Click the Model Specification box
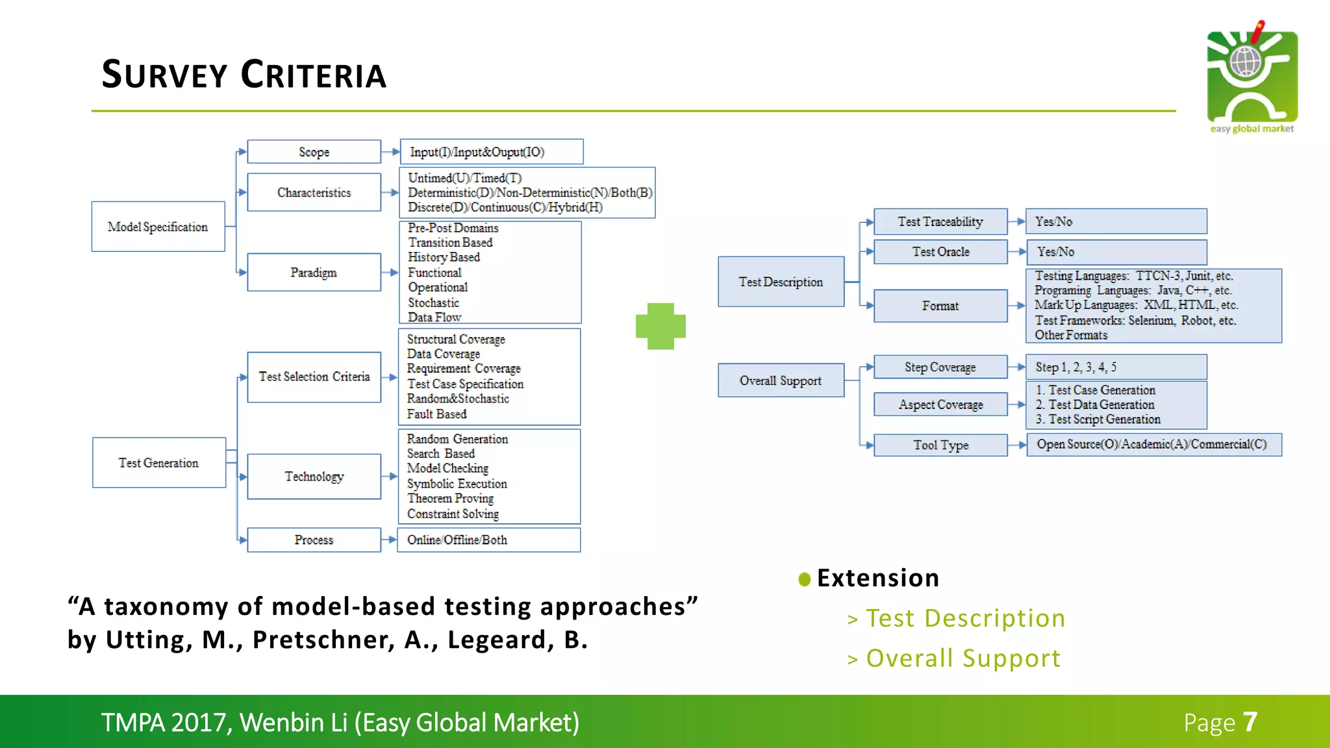pyautogui.click(x=158, y=227)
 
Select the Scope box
pyautogui.click(x=314, y=152)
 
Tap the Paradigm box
pyautogui.click(x=314, y=273)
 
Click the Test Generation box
pyautogui.click(x=158, y=463)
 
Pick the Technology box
pyautogui.click(x=314, y=477)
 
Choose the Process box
pyautogui.click(x=314, y=540)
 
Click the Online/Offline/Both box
pyautogui.click(x=488, y=540)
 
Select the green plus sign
pyautogui.click(x=660, y=326)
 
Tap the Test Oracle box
pyautogui.click(x=940, y=252)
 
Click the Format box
pyautogui.click(x=940, y=306)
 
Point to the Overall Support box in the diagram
pyautogui.click(x=781, y=380)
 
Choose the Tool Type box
pyautogui.click(x=940, y=445)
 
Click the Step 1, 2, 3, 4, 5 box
pyautogui.click(x=1116, y=368)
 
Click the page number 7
pyautogui.click(x=1250, y=722)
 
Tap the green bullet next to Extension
pyautogui.click(x=805, y=579)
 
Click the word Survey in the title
pyautogui.click(x=164, y=75)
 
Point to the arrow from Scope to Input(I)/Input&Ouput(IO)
pyautogui.click(x=390, y=152)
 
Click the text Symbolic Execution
pyautogui.click(x=457, y=484)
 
